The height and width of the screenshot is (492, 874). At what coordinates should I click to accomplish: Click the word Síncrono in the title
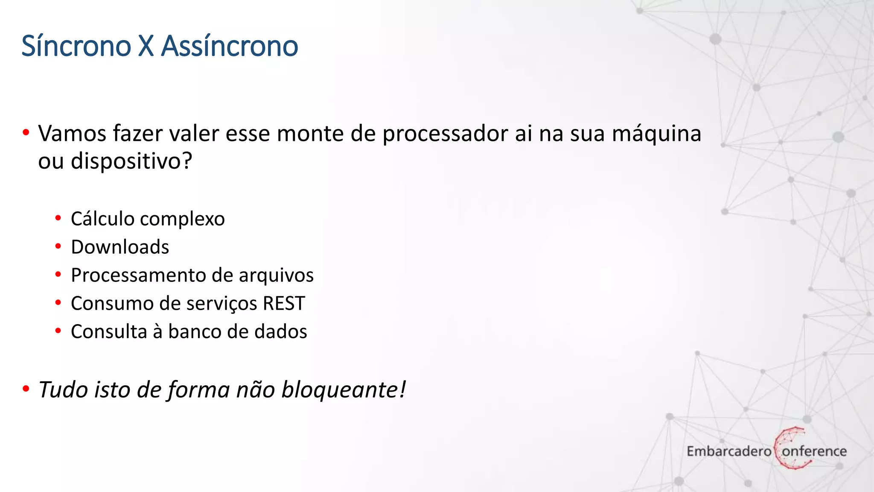click(x=76, y=46)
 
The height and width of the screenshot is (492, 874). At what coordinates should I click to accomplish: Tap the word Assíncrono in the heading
click(x=230, y=46)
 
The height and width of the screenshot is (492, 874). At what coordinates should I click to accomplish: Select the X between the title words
click(x=146, y=46)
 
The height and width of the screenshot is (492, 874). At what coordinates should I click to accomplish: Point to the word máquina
click(x=657, y=134)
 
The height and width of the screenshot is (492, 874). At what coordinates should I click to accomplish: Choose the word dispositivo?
click(x=131, y=161)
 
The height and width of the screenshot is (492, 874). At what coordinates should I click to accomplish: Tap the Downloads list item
click(x=120, y=247)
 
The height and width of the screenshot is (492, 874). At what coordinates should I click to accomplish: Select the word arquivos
click(x=276, y=275)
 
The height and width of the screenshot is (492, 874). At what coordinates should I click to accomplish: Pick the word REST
click(x=284, y=303)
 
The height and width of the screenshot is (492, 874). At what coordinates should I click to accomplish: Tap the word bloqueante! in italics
click(x=344, y=389)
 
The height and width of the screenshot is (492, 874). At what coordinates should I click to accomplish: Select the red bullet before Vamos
click(x=26, y=133)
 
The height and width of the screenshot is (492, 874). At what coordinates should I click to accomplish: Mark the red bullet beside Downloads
click(x=58, y=246)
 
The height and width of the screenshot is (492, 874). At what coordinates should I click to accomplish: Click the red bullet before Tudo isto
click(x=26, y=389)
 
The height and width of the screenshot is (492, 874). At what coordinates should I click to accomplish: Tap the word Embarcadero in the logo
click(x=728, y=451)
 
